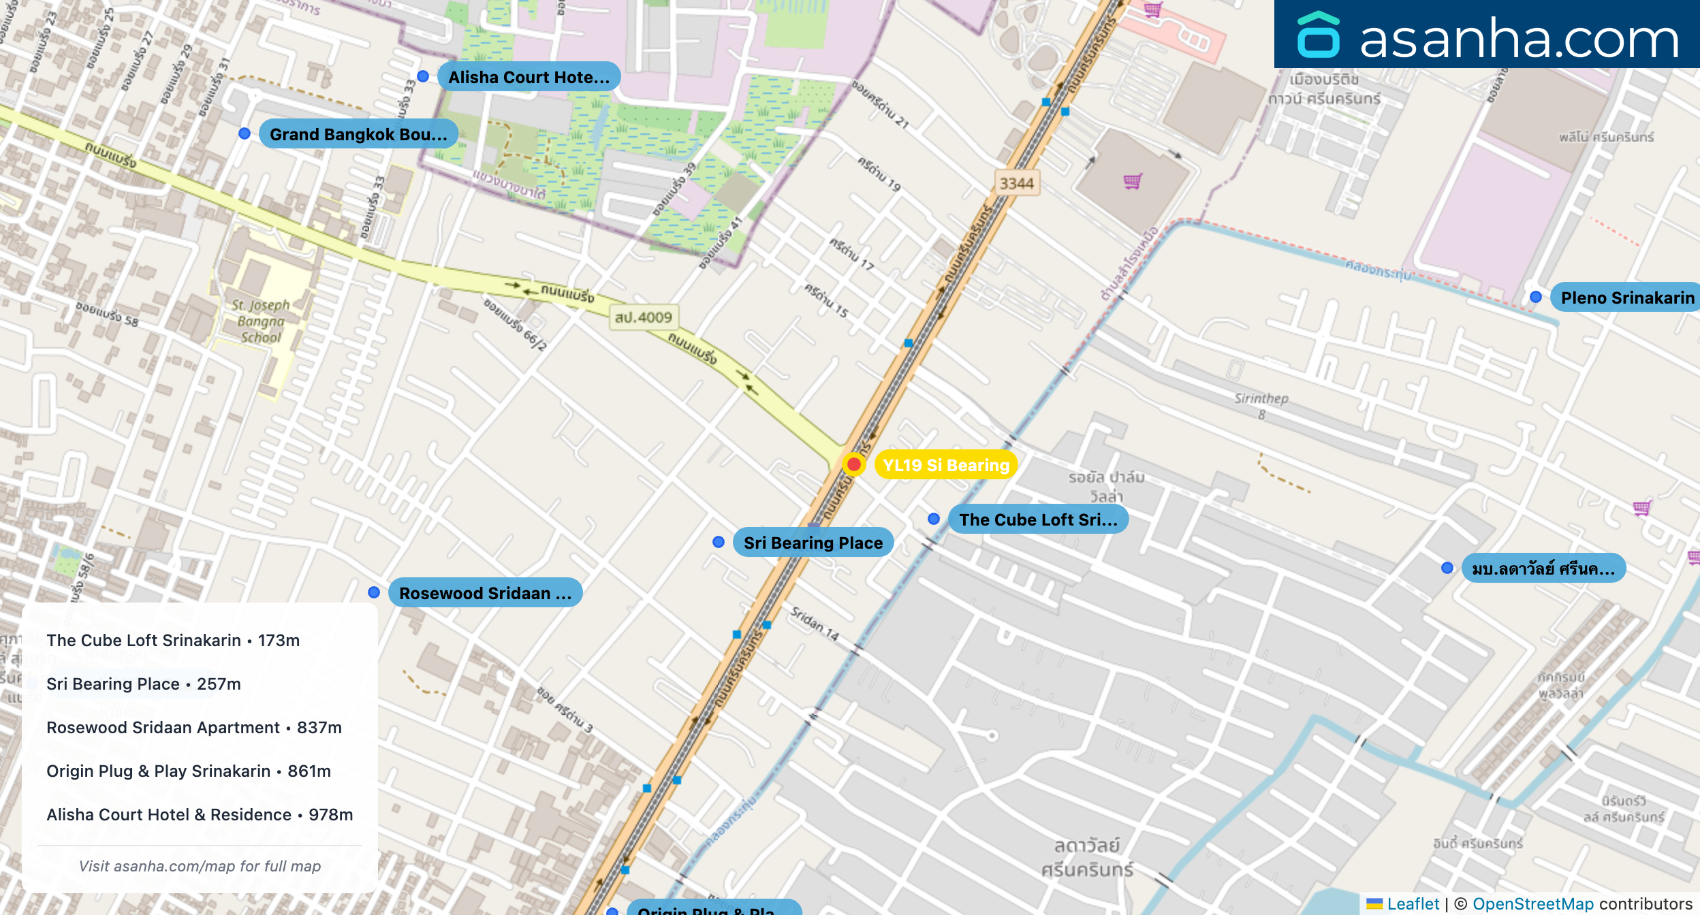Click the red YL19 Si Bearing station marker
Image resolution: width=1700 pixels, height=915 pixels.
pyautogui.click(x=853, y=464)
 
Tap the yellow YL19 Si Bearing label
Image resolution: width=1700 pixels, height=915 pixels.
pyautogui.click(x=945, y=465)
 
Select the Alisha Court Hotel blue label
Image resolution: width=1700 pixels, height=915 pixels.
pyautogui.click(x=528, y=77)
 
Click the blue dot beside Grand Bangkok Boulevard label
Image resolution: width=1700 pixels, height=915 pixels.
pyautogui.click(x=245, y=133)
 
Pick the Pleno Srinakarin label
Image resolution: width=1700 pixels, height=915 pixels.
pyautogui.click(x=1626, y=298)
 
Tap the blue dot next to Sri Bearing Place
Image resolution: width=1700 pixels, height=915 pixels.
pyautogui.click(x=719, y=542)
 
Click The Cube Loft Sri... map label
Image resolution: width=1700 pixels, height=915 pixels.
pyautogui.click(x=1037, y=519)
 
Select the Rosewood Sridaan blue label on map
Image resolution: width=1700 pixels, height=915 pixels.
pyautogui.click(x=484, y=593)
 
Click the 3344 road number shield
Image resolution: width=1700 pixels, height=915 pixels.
pyautogui.click(x=1016, y=183)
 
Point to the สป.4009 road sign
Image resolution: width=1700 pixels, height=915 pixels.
pyautogui.click(x=643, y=317)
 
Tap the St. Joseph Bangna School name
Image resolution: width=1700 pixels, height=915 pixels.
pyautogui.click(x=260, y=321)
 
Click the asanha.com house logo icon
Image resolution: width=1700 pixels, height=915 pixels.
pyautogui.click(x=1318, y=35)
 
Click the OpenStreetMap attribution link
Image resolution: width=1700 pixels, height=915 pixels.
pyautogui.click(x=1532, y=903)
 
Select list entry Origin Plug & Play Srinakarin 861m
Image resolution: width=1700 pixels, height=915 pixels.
pyautogui.click(x=189, y=771)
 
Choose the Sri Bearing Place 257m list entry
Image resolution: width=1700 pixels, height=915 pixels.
pyautogui.click(x=144, y=684)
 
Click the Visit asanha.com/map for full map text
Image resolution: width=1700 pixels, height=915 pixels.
pyautogui.click(x=200, y=866)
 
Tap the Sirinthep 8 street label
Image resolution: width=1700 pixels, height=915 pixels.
pyautogui.click(x=1261, y=405)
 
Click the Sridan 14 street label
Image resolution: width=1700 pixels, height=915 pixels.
pyautogui.click(x=815, y=623)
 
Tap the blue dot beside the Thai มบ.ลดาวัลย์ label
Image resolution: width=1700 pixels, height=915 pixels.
pyautogui.click(x=1447, y=568)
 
